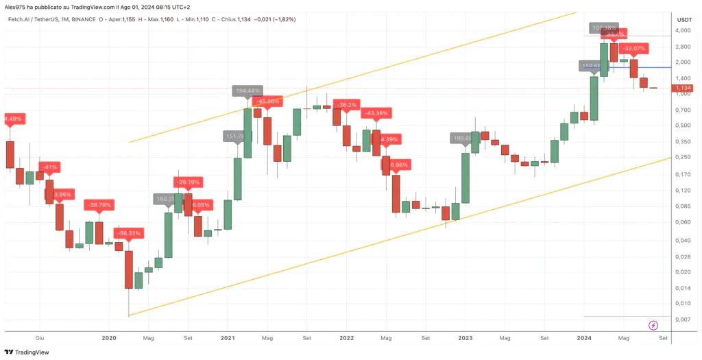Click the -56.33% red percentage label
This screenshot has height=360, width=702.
127,233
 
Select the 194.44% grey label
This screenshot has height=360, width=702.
247,91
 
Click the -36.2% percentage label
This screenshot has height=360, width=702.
347,105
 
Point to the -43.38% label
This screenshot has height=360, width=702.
376,113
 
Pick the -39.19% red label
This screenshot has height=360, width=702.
188,182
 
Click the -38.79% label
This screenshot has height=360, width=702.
99,205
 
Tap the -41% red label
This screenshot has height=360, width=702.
49,167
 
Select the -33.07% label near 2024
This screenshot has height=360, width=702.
634,49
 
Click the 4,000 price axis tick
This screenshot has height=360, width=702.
683,30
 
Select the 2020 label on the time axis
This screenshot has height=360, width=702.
109,338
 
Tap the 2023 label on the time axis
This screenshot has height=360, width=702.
465,338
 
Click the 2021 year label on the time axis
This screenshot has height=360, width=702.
228,338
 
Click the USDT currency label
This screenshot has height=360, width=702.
685,20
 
